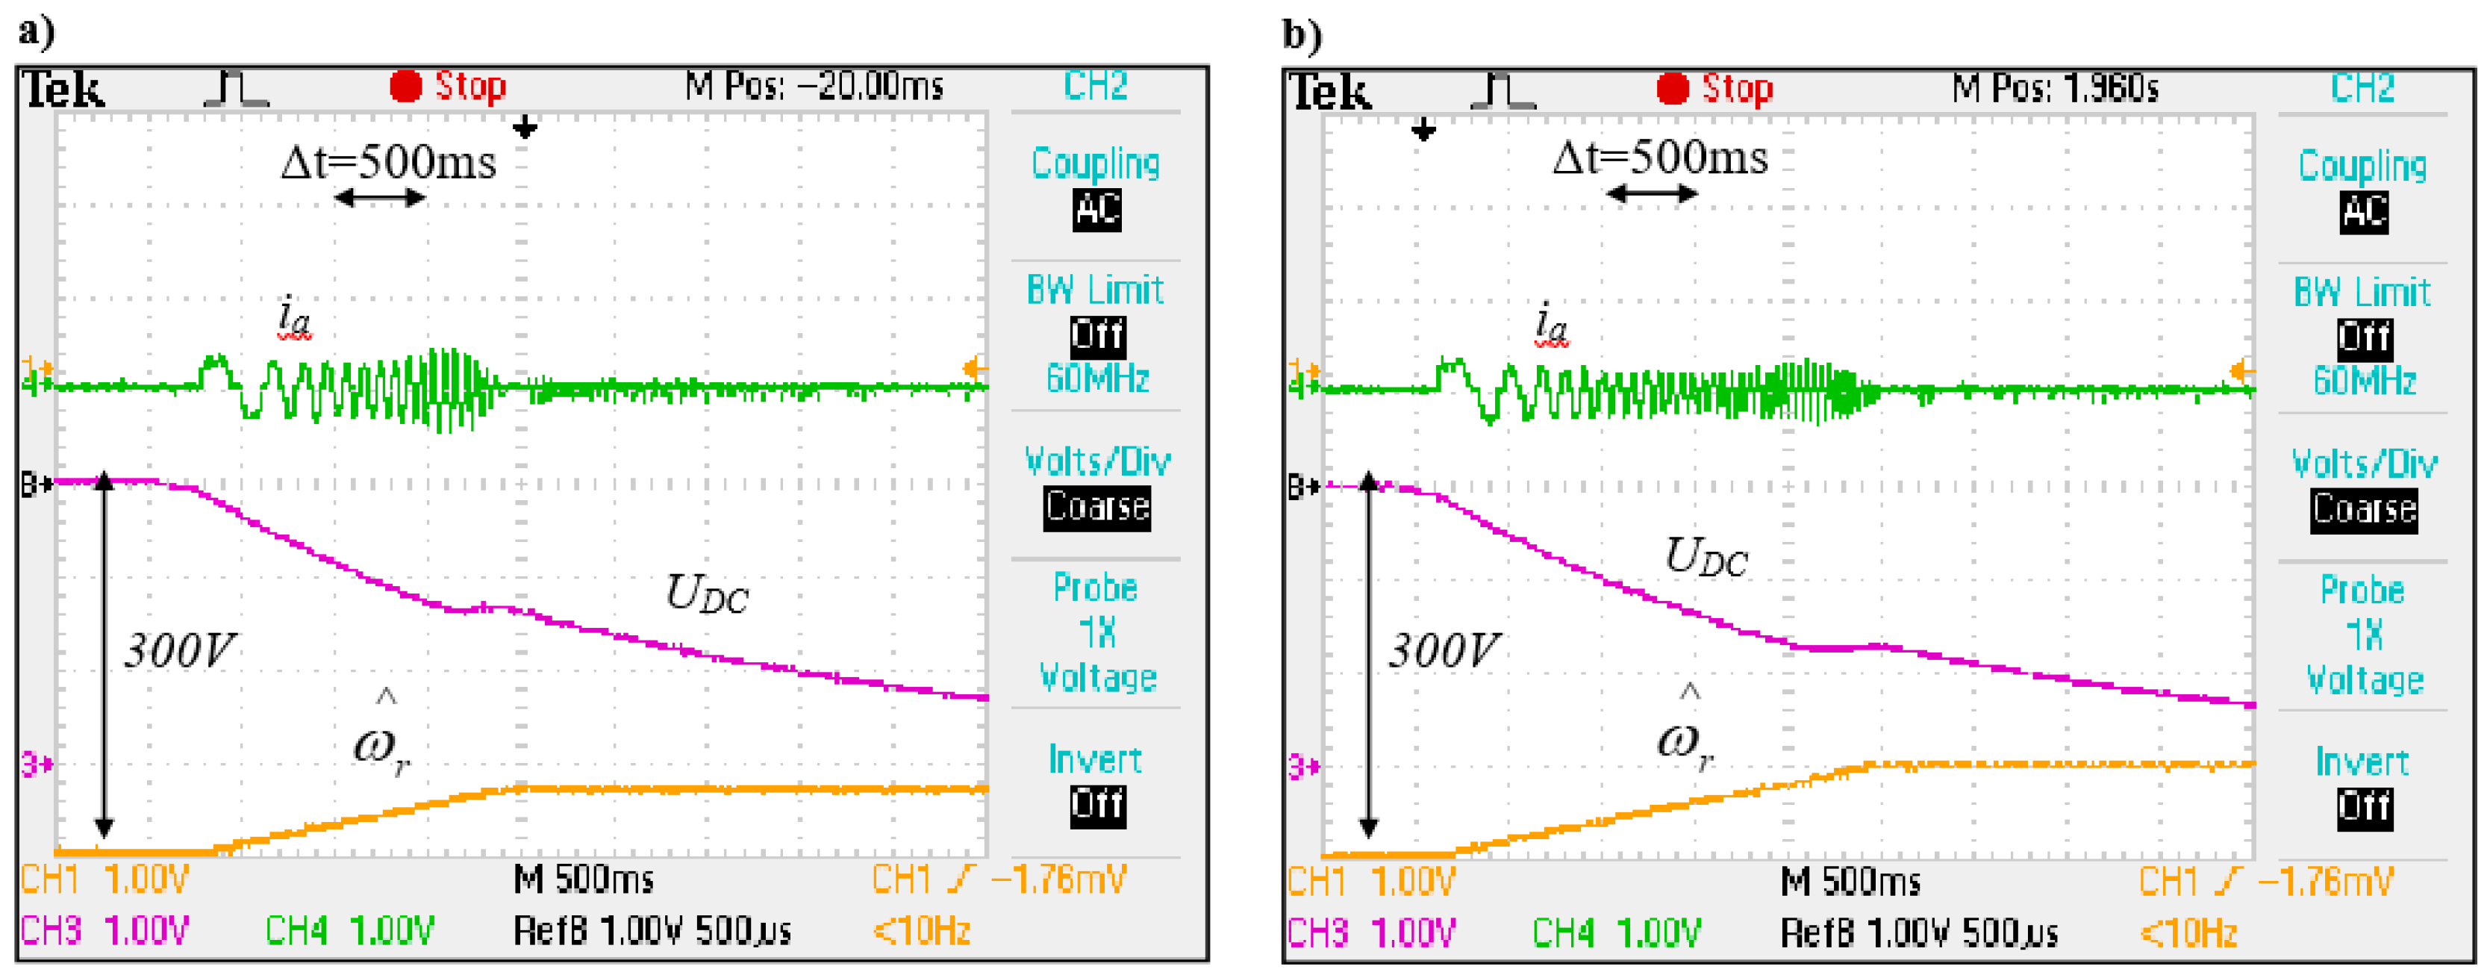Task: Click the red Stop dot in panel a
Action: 405,87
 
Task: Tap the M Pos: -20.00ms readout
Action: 814,87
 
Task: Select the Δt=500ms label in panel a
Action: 389,162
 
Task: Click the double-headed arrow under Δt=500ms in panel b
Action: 1652,194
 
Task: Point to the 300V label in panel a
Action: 181,650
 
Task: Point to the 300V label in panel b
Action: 1445,650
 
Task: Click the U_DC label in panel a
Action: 707,593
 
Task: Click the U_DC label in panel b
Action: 1706,557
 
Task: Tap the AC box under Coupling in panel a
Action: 1097,210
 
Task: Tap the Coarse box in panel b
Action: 2365,509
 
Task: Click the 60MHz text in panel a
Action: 1097,378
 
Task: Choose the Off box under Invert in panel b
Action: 2365,807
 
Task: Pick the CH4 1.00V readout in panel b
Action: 1616,932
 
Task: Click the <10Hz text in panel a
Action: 921,931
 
